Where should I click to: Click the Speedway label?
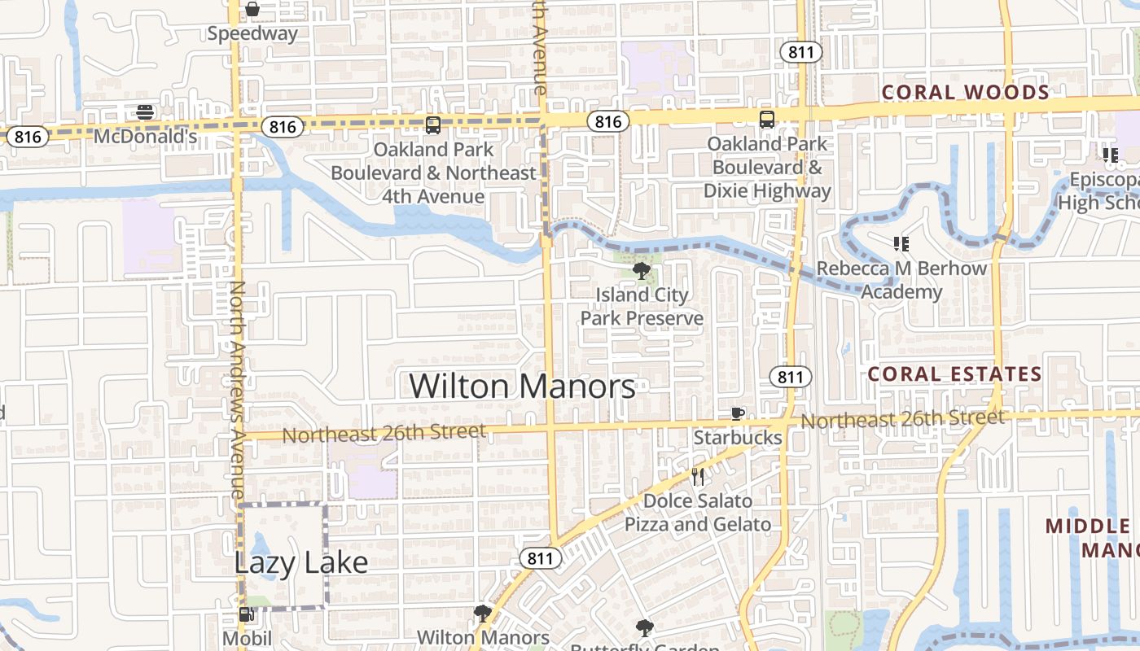pos(252,33)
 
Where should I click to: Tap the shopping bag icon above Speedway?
pos(252,10)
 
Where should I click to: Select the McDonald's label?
pos(146,136)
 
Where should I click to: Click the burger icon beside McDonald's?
pos(145,111)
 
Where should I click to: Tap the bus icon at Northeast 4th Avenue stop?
pos(433,125)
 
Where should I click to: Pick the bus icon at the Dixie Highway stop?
pos(767,120)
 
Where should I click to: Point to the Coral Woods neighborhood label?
pos(966,92)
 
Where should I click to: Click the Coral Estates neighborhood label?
pos(954,374)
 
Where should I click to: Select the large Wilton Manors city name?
pos(522,386)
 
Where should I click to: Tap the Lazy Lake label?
pos(301,562)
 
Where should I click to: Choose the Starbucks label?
pos(738,438)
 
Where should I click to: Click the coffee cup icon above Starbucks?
pos(737,413)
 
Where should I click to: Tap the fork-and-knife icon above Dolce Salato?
pos(697,476)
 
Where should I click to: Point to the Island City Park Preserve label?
pos(642,306)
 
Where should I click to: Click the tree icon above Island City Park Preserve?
pos(642,271)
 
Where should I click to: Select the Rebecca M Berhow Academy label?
pos(901,280)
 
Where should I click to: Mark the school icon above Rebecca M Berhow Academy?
pos(901,243)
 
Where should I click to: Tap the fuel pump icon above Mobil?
pos(246,615)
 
